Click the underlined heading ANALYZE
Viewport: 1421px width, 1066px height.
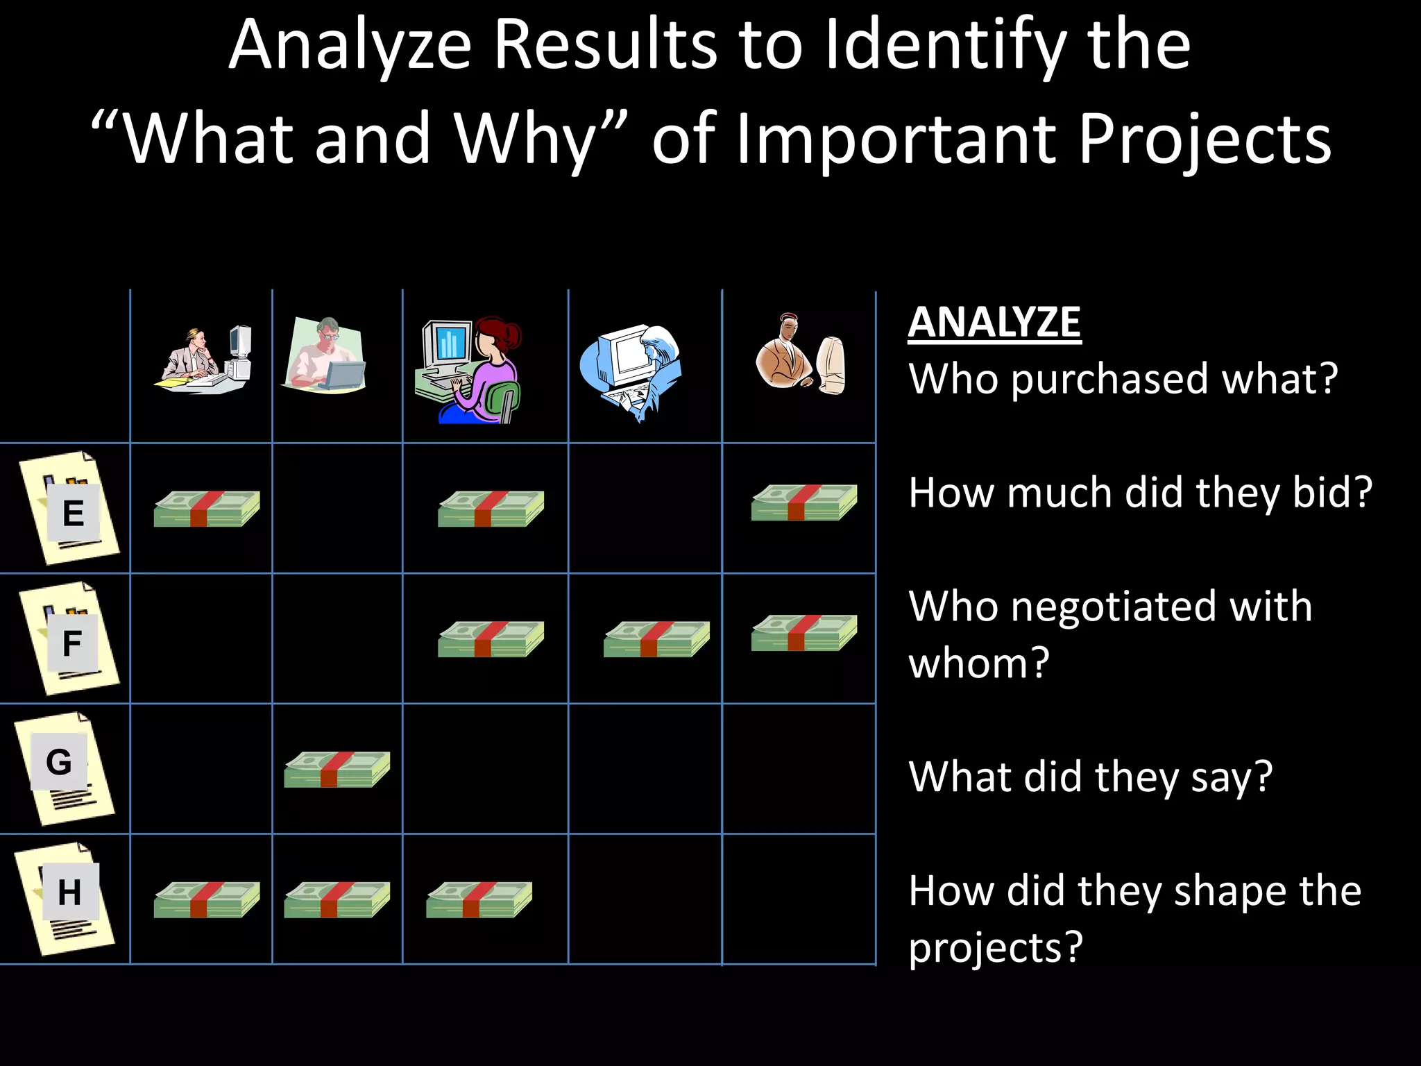pyautogui.click(x=994, y=323)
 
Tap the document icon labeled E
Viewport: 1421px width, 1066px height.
pyautogui.click(x=70, y=507)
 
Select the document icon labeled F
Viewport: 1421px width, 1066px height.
pyautogui.click(x=70, y=638)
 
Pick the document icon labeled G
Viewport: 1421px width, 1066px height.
pyautogui.click(x=65, y=768)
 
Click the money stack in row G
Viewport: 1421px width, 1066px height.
pyautogui.click(x=337, y=769)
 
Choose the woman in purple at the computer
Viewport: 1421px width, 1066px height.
pyautogui.click(x=468, y=371)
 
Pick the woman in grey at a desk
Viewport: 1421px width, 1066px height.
pyautogui.click(x=203, y=359)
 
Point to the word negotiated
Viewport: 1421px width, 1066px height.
pyautogui.click(x=1161, y=606)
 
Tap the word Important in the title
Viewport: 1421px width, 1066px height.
pyautogui.click(x=899, y=139)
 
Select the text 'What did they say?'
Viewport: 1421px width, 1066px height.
pyautogui.click(x=1090, y=777)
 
